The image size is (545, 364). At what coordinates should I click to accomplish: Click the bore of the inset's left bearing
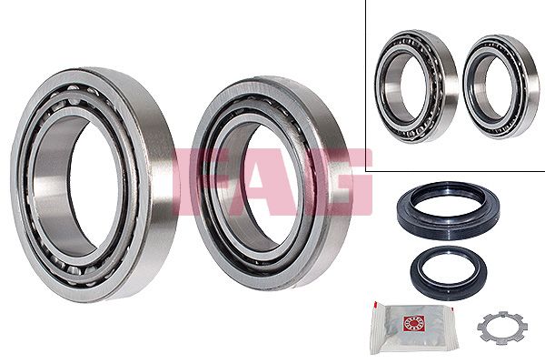[413, 86]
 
